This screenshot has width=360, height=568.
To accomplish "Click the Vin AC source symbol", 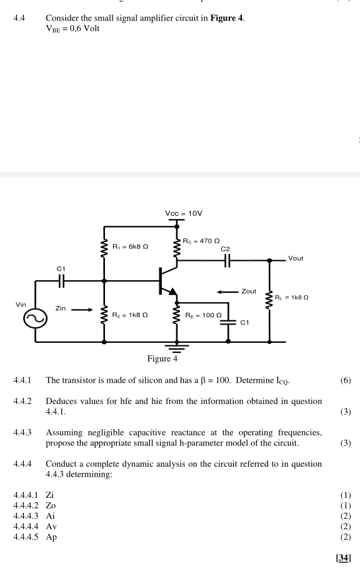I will point(35,318).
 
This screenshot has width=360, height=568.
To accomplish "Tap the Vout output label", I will point(300,258).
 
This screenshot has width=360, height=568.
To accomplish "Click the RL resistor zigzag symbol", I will point(270,299).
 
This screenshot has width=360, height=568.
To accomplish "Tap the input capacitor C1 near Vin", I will point(61,281).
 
